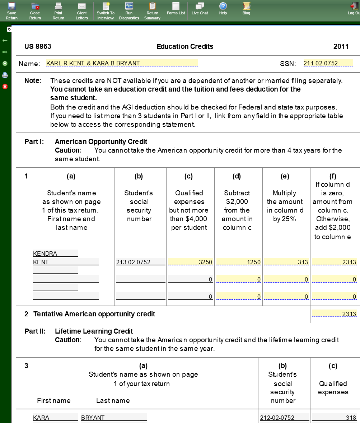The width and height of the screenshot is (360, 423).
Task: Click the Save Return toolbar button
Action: pyautogui.click(x=11, y=10)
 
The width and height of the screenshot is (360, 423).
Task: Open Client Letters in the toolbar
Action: pyautogui.click(x=82, y=10)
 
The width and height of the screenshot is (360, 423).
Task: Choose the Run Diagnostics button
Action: pyautogui.click(x=129, y=10)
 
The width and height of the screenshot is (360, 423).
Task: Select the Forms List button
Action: pyautogui.click(x=176, y=9)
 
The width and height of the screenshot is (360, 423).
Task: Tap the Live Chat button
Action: pyautogui.click(x=200, y=9)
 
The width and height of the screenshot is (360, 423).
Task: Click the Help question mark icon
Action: pyautogui.click(x=223, y=9)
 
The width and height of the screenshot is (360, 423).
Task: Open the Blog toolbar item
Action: pyautogui.click(x=246, y=9)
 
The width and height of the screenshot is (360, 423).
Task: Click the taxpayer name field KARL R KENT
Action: pyautogui.click(x=122, y=63)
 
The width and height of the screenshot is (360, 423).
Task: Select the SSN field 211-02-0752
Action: pyautogui.click(x=328, y=63)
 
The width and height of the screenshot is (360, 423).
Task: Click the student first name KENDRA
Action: pyautogui.click(x=55, y=254)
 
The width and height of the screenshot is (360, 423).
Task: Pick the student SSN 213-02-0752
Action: pyautogui.click(x=140, y=262)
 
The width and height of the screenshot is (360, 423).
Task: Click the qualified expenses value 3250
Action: pyautogui.click(x=191, y=262)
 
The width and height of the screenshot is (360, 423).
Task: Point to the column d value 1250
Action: pyautogui.click(x=239, y=262)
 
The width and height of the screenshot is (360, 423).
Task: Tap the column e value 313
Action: pyautogui.click(x=286, y=262)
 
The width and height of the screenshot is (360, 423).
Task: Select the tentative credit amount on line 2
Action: pyautogui.click(x=335, y=314)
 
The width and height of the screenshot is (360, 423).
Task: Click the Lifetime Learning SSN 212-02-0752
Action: pyautogui.click(x=284, y=418)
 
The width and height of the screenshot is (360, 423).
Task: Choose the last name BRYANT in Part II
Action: pyautogui.click(x=114, y=418)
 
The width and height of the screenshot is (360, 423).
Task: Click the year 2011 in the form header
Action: pyautogui.click(x=341, y=46)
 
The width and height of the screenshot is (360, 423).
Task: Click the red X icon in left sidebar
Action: pyautogui.click(x=5, y=87)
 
